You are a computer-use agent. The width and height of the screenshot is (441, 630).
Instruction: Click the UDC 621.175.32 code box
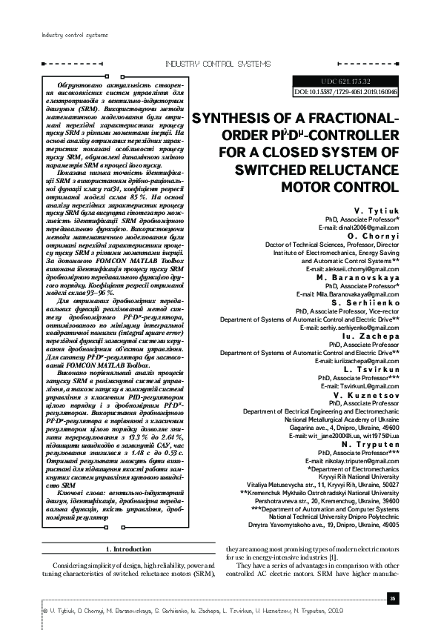point(346,80)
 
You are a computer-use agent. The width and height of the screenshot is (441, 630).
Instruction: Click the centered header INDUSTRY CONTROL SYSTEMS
point(219,64)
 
